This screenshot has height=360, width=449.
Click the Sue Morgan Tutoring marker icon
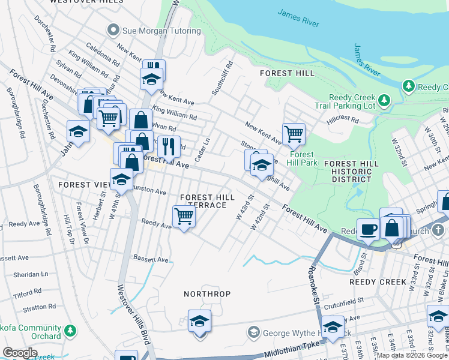point(112,30)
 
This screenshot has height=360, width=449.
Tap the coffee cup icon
point(368,229)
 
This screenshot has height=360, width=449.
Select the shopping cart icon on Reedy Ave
point(184,217)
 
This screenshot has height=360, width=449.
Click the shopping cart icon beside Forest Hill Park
point(294,134)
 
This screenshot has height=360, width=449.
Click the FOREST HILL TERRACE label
point(203,201)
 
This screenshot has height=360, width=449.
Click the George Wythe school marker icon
point(253,332)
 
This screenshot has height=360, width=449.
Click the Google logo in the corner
point(20,352)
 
